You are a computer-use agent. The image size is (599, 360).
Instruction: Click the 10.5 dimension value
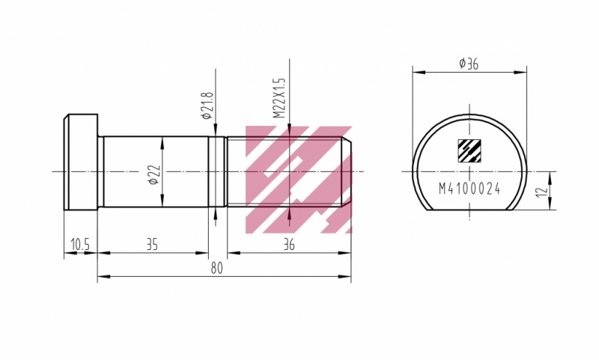[80, 244]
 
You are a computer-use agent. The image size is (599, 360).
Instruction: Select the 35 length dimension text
[152, 244]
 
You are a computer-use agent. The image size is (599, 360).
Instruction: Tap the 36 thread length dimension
[289, 244]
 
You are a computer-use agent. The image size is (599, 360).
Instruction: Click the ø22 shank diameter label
[152, 174]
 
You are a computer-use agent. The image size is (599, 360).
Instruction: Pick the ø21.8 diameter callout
[207, 106]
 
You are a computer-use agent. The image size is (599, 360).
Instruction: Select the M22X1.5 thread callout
[279, 98]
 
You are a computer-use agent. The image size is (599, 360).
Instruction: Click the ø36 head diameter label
[469, 64]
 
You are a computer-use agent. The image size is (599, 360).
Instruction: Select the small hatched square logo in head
[469, 150]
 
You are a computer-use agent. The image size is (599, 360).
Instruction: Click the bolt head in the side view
[81, 162]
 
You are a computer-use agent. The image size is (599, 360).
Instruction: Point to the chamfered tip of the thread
[348, 171]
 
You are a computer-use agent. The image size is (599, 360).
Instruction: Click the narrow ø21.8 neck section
[217, 171]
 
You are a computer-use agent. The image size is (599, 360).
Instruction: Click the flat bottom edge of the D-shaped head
[469, 210]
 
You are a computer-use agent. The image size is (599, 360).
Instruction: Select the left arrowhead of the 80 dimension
[101, 277]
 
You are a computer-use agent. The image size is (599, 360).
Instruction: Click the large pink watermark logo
[298, 178]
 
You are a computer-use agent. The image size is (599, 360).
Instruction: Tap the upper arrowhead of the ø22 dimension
[162, 140]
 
